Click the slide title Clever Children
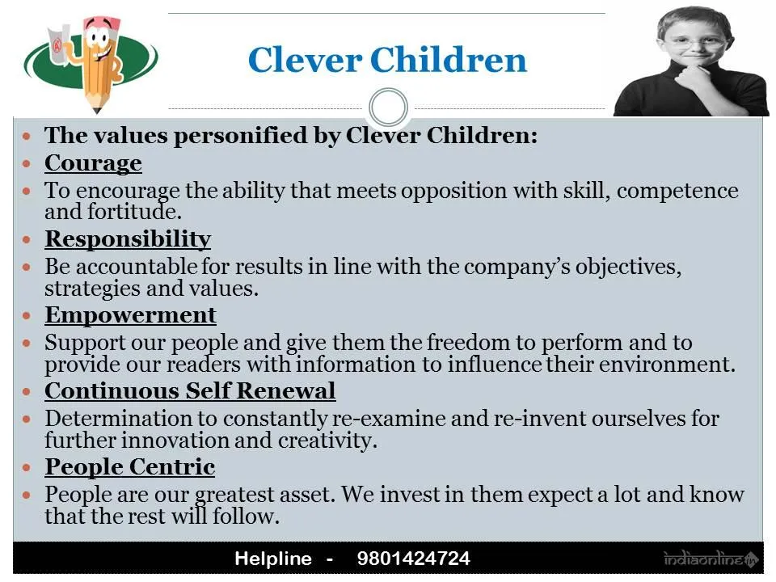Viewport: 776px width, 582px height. pyautogui.click(x=387, y=61)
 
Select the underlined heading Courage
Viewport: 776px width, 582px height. pyautogui.click(x=93, y=163)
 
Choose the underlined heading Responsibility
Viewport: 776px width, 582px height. pyautogui.click(x=128, y=239)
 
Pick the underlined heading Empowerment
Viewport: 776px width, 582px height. pyautogui.click(x=130, y=315)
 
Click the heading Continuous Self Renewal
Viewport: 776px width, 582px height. pyautogui.click(x=190, y=391)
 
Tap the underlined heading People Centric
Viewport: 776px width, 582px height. pyautogui.click(x=129, y=467)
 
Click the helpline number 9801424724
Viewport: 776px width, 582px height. pyautogui.click(x=413, y=559)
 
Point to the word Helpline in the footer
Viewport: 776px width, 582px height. pyautogui.click(x=272, y=559)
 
